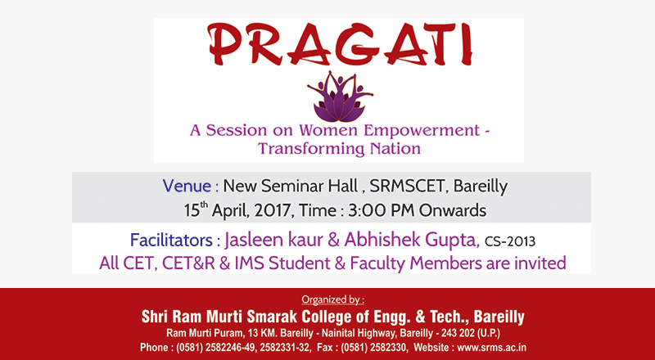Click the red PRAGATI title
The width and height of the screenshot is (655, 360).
pyautogui.click(x=341, y=45)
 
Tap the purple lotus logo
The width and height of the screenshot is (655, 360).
pyautogui.click(x=340, y=97)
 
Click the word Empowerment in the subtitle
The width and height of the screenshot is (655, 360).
pyautogui.click(x=422, y=131)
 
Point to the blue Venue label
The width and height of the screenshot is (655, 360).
pyautogui.click(x=191, y=186)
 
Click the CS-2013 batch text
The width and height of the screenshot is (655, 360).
pyautogui.click(x=509, y=241)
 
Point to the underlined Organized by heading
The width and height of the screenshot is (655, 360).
pyautogui.click(x=333, y=299)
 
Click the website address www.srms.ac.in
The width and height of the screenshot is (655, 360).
pyautogui.click(x=492, y=348)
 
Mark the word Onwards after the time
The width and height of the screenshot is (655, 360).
pyautogui.click(x=453, y=210)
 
